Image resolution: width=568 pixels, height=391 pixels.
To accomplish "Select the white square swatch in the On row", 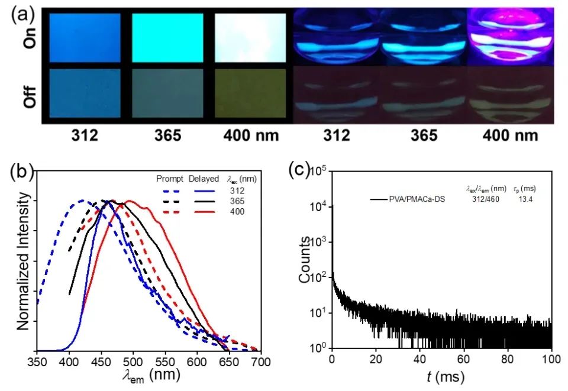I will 250,38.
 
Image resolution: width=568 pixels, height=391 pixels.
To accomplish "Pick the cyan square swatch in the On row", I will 167,38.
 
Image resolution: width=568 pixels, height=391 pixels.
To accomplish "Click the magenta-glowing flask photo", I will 511,37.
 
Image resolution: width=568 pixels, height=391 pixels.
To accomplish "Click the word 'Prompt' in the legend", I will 169,178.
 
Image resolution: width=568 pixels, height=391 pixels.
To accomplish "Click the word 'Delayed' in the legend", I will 202,178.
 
